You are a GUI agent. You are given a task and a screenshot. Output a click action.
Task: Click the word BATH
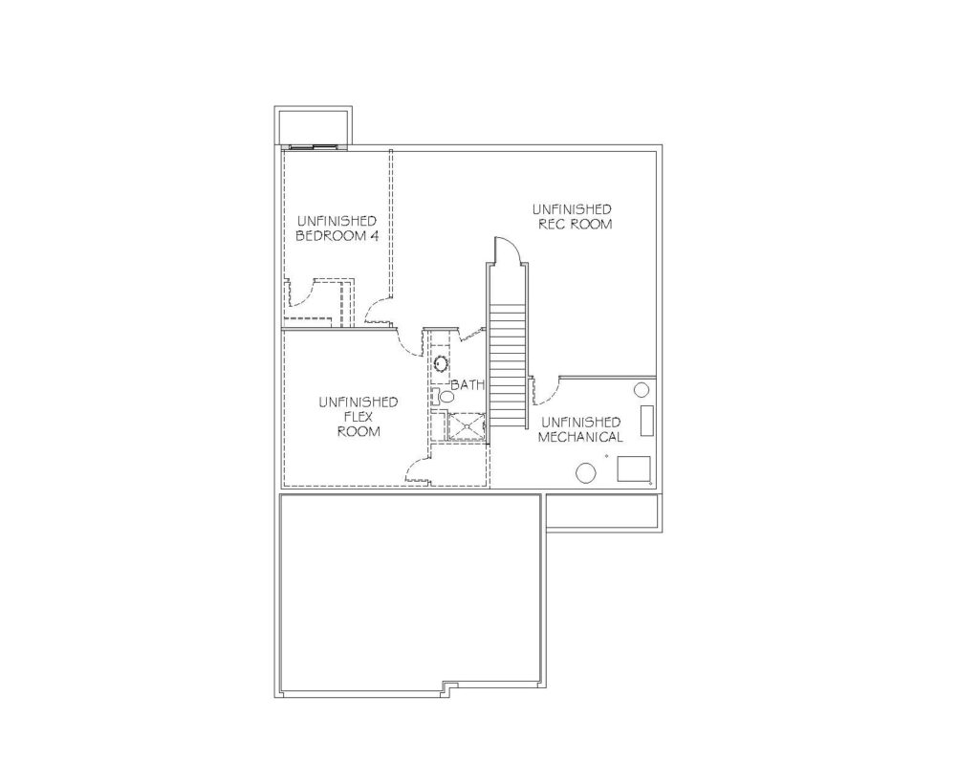[x=468, y=384]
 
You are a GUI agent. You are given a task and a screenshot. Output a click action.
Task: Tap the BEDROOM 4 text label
[x=337, y=236]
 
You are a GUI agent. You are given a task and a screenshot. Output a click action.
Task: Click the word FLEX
[x=359, y=417]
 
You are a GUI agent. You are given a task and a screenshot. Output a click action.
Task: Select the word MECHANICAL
[x=580, y=437]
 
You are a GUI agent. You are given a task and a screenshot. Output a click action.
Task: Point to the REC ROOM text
[x=575, y=224]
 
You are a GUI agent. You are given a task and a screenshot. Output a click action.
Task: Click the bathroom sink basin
[x=442, y=362]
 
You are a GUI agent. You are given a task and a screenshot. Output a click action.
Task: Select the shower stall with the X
[x=467, y=427]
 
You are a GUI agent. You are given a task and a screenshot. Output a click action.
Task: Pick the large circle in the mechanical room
[x=586, y=472]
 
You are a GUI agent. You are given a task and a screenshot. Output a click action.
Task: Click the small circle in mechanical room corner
[x=642, y=390]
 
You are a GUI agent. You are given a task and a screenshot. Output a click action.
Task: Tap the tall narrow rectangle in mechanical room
[x=647, y=421]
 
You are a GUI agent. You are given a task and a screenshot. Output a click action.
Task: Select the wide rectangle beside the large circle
[x=634, y=468]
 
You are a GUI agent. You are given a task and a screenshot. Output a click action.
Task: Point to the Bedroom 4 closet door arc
[x=305, y=294]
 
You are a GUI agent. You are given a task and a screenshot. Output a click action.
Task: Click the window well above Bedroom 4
[x=314, y=126]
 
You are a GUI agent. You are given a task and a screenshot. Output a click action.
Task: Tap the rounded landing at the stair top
[x=507, y=250]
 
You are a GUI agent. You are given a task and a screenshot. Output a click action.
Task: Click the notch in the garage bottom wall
[x=449, y=686]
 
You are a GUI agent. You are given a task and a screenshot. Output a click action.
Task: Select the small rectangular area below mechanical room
[x=602, y=512]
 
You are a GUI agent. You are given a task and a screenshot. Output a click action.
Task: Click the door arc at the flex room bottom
[x=417, y=468]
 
